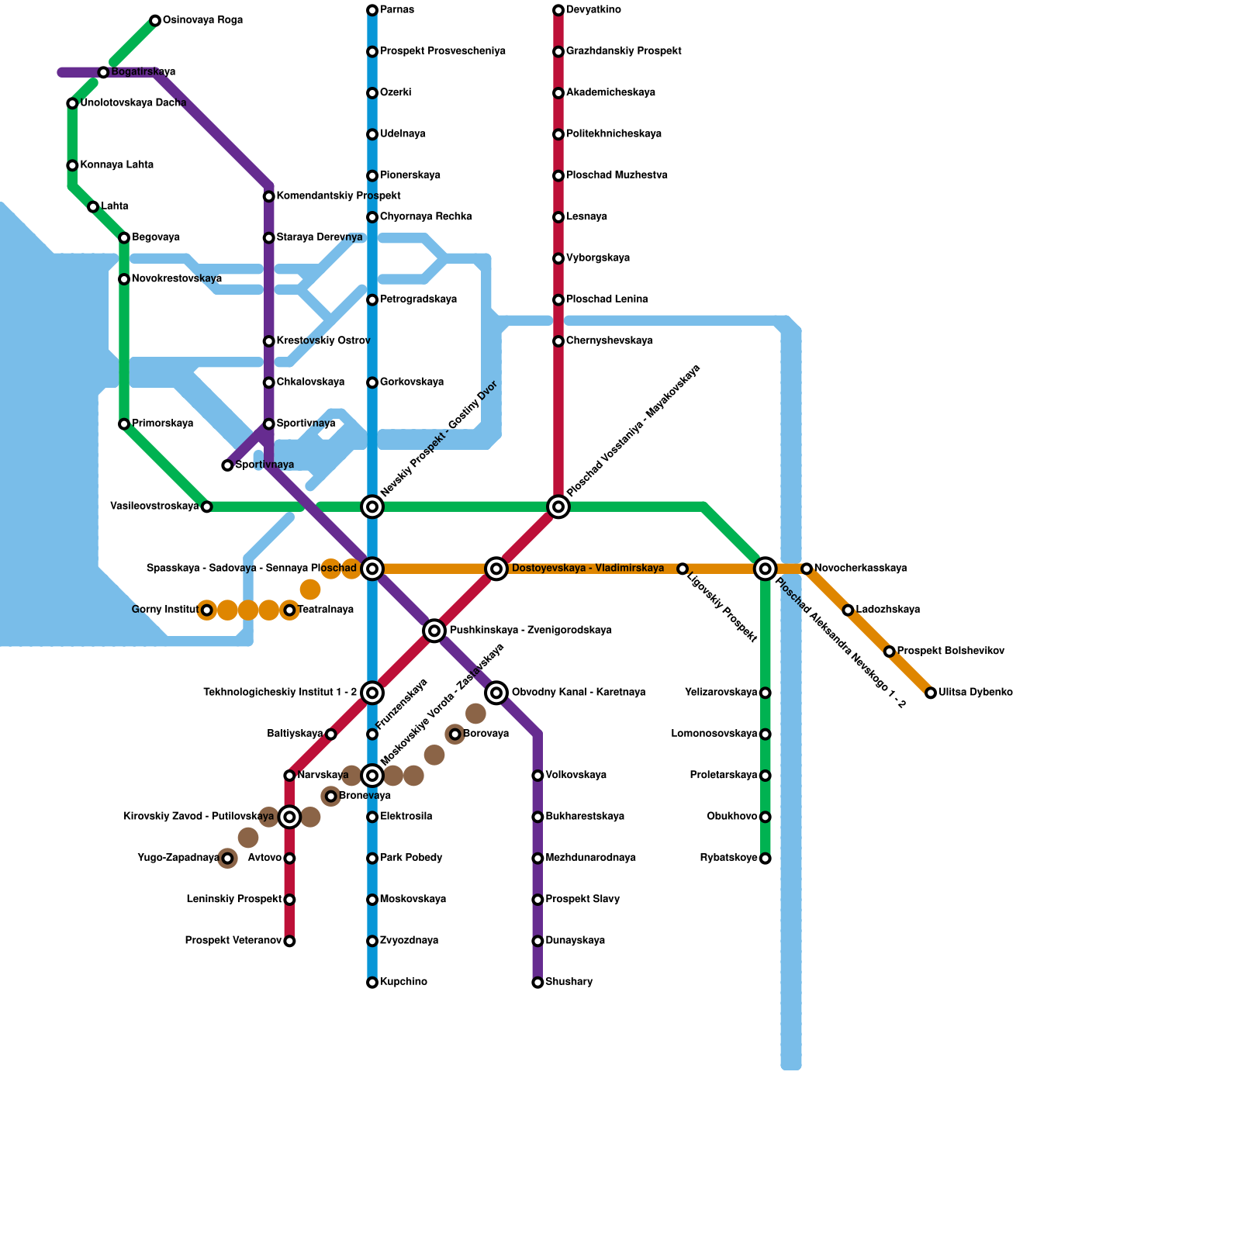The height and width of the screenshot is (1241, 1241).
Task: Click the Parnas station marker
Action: (372, 10)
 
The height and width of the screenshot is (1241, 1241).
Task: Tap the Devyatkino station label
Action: (593, 10)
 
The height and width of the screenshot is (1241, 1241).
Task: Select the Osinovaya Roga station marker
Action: (155, 20)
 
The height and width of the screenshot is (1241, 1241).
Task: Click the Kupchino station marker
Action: (372, 983)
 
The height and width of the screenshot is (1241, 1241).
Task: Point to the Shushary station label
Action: (569, 982)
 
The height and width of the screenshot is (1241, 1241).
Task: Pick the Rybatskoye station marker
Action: (766, 859)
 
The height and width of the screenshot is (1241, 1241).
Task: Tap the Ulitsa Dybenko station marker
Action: (931, 693)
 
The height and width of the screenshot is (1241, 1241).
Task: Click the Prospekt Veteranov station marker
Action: (289, 942)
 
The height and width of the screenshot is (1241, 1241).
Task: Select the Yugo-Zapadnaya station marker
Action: (227, 859)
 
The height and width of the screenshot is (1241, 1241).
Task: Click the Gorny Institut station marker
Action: (206, 610)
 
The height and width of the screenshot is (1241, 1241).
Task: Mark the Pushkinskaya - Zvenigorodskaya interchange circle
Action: (434, 631)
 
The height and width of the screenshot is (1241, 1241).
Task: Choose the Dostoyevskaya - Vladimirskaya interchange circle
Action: (496, 569)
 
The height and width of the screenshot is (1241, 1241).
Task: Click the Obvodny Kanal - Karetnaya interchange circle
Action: (496, 693)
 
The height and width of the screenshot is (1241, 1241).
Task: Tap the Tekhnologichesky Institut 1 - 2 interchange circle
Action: (372, 693)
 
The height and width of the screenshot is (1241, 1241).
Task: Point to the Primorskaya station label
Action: (162, 423)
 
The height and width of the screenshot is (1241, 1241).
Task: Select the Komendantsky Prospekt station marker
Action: (268, 196)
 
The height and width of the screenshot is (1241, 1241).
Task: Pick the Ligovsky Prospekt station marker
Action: (683, 569)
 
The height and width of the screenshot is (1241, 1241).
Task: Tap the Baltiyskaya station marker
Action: (331, 735)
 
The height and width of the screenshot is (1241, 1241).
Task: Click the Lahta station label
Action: (114, 206)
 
